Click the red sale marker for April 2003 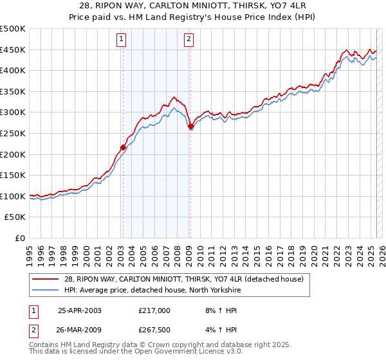coord(123,147)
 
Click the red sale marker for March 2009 coord(190,127)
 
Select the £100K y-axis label coord(14,196)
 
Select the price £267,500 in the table coord(154,330)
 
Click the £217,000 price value coord(154,310)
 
